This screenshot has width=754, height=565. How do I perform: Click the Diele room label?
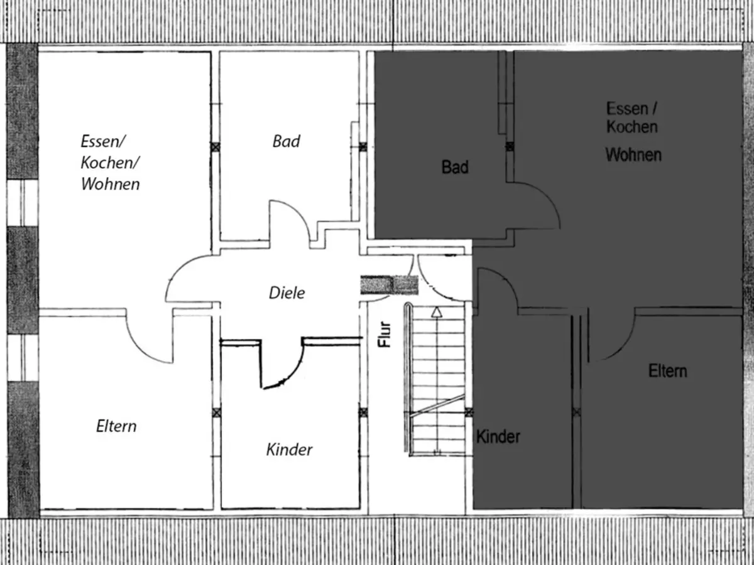tap(287, 293)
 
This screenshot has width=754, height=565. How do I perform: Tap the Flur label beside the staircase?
tap(385, 334)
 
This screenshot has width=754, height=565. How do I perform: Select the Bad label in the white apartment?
tap(286, 141)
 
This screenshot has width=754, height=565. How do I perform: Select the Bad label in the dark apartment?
tap(455, 168)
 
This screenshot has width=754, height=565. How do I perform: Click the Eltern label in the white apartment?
tap(116, 426)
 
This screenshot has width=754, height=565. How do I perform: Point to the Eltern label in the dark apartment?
tap(667, 371)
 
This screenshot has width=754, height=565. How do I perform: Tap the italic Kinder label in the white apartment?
tap(289, 449)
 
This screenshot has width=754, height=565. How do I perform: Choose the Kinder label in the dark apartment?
tap(498, 436)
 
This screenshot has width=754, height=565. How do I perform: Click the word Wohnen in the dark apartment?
tap(633, 154)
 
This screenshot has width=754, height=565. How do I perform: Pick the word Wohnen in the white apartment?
tap(111, 185)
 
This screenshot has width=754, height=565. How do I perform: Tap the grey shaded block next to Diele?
tap(389, 285)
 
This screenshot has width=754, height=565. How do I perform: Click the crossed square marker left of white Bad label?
tap(216, 146)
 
